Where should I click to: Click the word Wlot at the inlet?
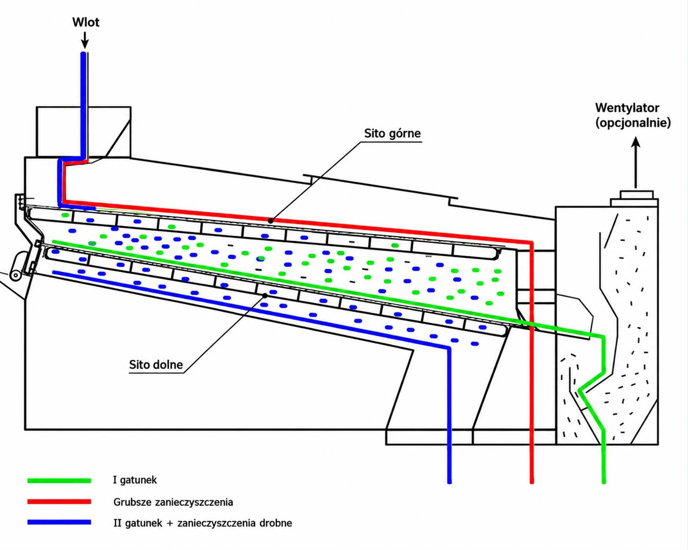(86, 23)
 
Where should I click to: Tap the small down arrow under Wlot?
(85, 40)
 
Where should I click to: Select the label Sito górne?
(392, 133)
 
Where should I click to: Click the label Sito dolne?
(156, 364)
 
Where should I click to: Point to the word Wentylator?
(627, 108)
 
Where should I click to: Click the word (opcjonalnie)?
(633, 123)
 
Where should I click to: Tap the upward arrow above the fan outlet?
(636, 162)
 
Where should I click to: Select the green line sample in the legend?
(59, 480)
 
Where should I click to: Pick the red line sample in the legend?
(59, 502)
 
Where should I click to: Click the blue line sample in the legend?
(59, 523)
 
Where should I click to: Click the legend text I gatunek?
(135, 480)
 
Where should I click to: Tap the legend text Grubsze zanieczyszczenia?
(173, 502)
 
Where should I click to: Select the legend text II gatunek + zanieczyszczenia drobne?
(203, 523)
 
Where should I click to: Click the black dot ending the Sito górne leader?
(270, 221)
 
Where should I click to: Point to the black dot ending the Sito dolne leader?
(265, 296)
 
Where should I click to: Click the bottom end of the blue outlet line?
(450, 482)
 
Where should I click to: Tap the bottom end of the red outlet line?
(532, 482)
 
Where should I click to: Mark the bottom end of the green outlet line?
(604, 482)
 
